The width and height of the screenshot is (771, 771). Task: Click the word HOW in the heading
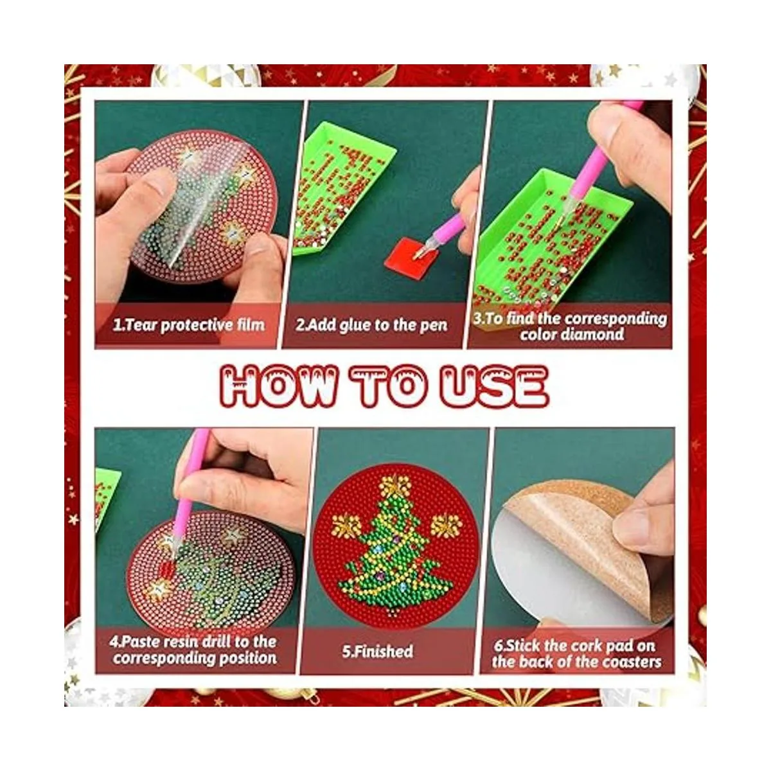pyautogui.click(x=278, y=386)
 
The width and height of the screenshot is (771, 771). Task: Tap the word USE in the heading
pyautogui.click(x=495, y=386)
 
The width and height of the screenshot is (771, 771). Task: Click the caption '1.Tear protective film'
pyautogui.click(x=188, y=324)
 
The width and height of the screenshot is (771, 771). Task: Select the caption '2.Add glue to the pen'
pyautogui.click(x=371, y=324)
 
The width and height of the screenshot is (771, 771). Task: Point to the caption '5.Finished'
pyautogui.click(x=377, y=651)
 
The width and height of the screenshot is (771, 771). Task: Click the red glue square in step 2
pyautogui.click(x=405, y=254)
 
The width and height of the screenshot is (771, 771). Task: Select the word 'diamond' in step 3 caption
pyautogui.click(x=572, y=335)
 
